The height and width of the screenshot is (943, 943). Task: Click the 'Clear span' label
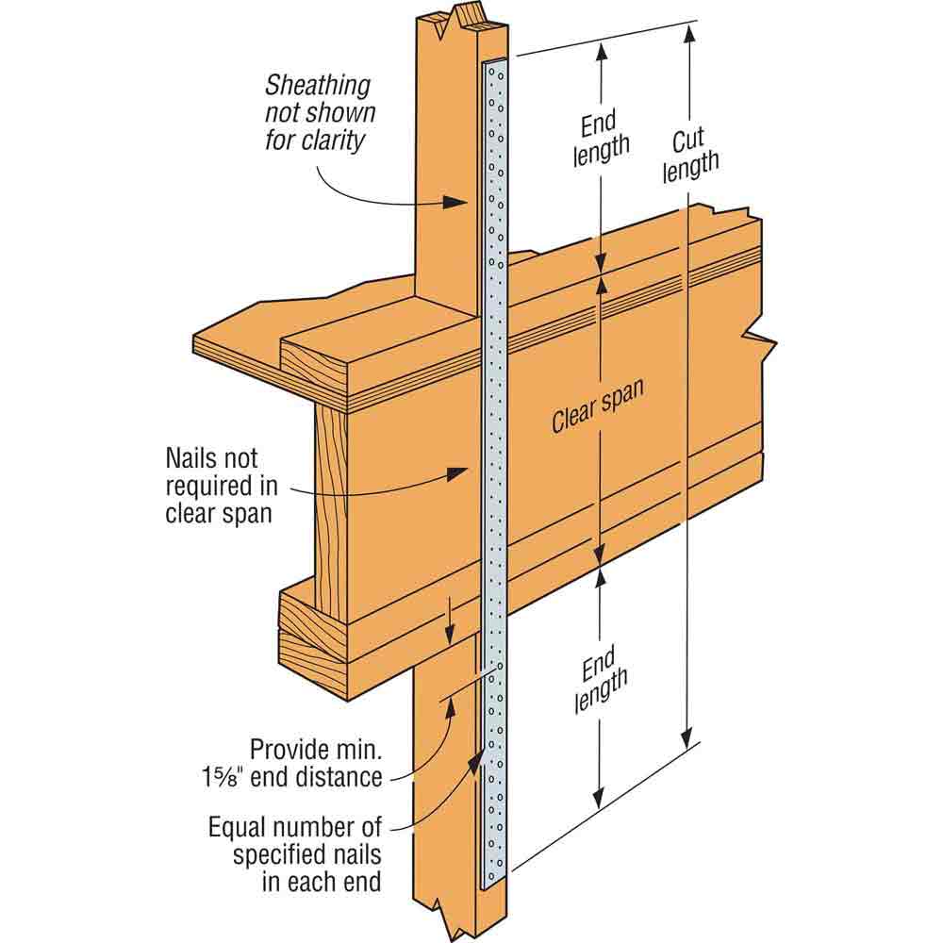point(598,405)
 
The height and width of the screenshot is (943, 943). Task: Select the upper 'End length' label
point(600,139)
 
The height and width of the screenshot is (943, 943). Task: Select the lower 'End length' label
point(600,680)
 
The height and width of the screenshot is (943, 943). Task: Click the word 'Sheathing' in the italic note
point(318,86)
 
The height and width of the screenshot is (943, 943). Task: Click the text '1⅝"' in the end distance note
point(223,777)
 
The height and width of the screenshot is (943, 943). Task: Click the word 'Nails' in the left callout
point(190,458)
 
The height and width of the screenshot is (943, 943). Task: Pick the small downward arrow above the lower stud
point(449,620)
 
